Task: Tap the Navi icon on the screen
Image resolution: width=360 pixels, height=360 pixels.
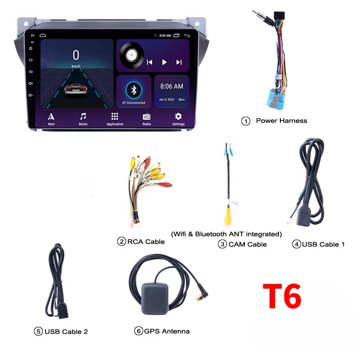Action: [x=51, y=116]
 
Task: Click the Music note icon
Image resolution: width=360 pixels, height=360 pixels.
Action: [x=83, y=116]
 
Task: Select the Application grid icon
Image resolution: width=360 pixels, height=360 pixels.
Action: [x=115, y=116]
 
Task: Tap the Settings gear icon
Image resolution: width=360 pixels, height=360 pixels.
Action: [x=178, y=116]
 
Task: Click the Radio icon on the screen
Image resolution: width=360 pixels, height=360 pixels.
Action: [x=147, y=116]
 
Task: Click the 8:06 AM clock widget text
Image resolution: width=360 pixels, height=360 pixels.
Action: [x=172, y=86]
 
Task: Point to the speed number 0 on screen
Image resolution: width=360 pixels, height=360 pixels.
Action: [x=76, y=55]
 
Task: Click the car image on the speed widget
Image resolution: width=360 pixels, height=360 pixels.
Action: [x=76, y=90]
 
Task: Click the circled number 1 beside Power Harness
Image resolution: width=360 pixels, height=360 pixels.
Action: [x=246, y=121]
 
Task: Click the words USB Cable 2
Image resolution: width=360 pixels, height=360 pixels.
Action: [x=66, y=332]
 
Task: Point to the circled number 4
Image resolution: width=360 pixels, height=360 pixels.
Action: [x=296, y=244]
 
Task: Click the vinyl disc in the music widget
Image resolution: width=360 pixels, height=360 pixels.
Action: [x=132, y=56]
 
